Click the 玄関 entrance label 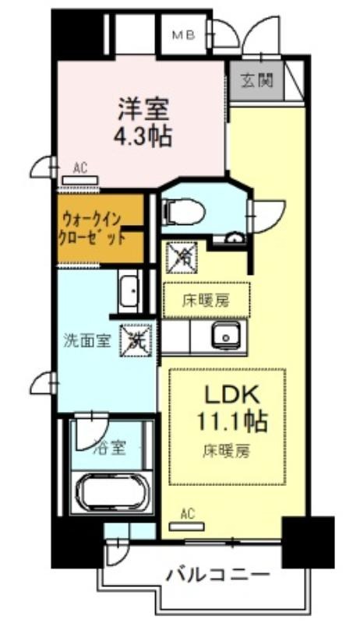click(256, 81)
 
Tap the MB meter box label click(184, 36)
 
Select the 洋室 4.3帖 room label click(143, 122)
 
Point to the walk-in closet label click(91, 228)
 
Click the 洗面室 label click(87, 340)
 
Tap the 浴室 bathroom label click(110, 449)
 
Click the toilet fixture click(184, 212)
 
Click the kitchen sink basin click(226, 336)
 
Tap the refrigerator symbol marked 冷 click(182, 258)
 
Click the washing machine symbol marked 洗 click(136, 340)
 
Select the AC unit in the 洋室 click(79, 180)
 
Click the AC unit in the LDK click(187, 527)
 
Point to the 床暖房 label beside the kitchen click(206, 301)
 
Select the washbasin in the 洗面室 click(129, 290)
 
